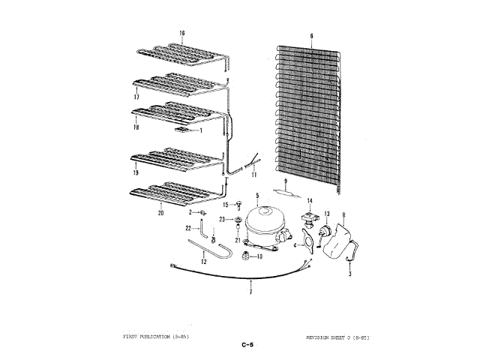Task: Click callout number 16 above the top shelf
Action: (181, 33)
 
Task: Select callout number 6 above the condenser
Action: (311, 35)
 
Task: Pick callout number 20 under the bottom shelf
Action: (160, 213)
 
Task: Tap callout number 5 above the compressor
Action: (257, 196)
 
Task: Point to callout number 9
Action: (286, 181)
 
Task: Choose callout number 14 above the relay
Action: (309, 200)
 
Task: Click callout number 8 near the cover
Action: (343, 216)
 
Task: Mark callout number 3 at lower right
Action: (349, 275)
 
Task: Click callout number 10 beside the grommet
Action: (259, 257)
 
